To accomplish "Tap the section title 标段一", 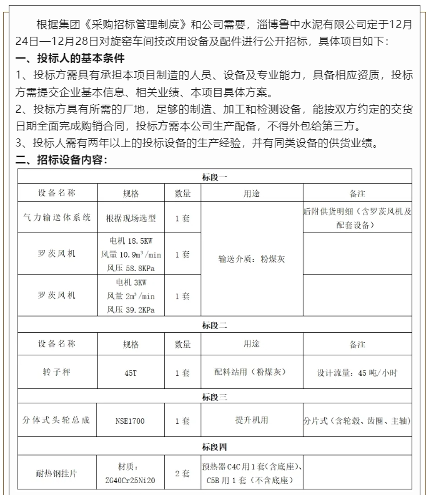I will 214,176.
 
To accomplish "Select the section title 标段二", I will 214,325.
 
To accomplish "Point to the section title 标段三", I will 214,396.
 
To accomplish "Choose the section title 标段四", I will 214,446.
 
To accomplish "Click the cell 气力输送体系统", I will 56,218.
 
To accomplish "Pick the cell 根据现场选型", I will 131,218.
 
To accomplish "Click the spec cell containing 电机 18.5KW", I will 131,254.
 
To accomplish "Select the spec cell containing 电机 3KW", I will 131,296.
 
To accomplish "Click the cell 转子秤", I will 56,373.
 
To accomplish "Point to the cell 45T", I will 131,373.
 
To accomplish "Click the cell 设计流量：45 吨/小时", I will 357,373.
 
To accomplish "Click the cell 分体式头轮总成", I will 56,420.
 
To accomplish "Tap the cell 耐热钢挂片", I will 56,474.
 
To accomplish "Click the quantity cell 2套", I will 182,474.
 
